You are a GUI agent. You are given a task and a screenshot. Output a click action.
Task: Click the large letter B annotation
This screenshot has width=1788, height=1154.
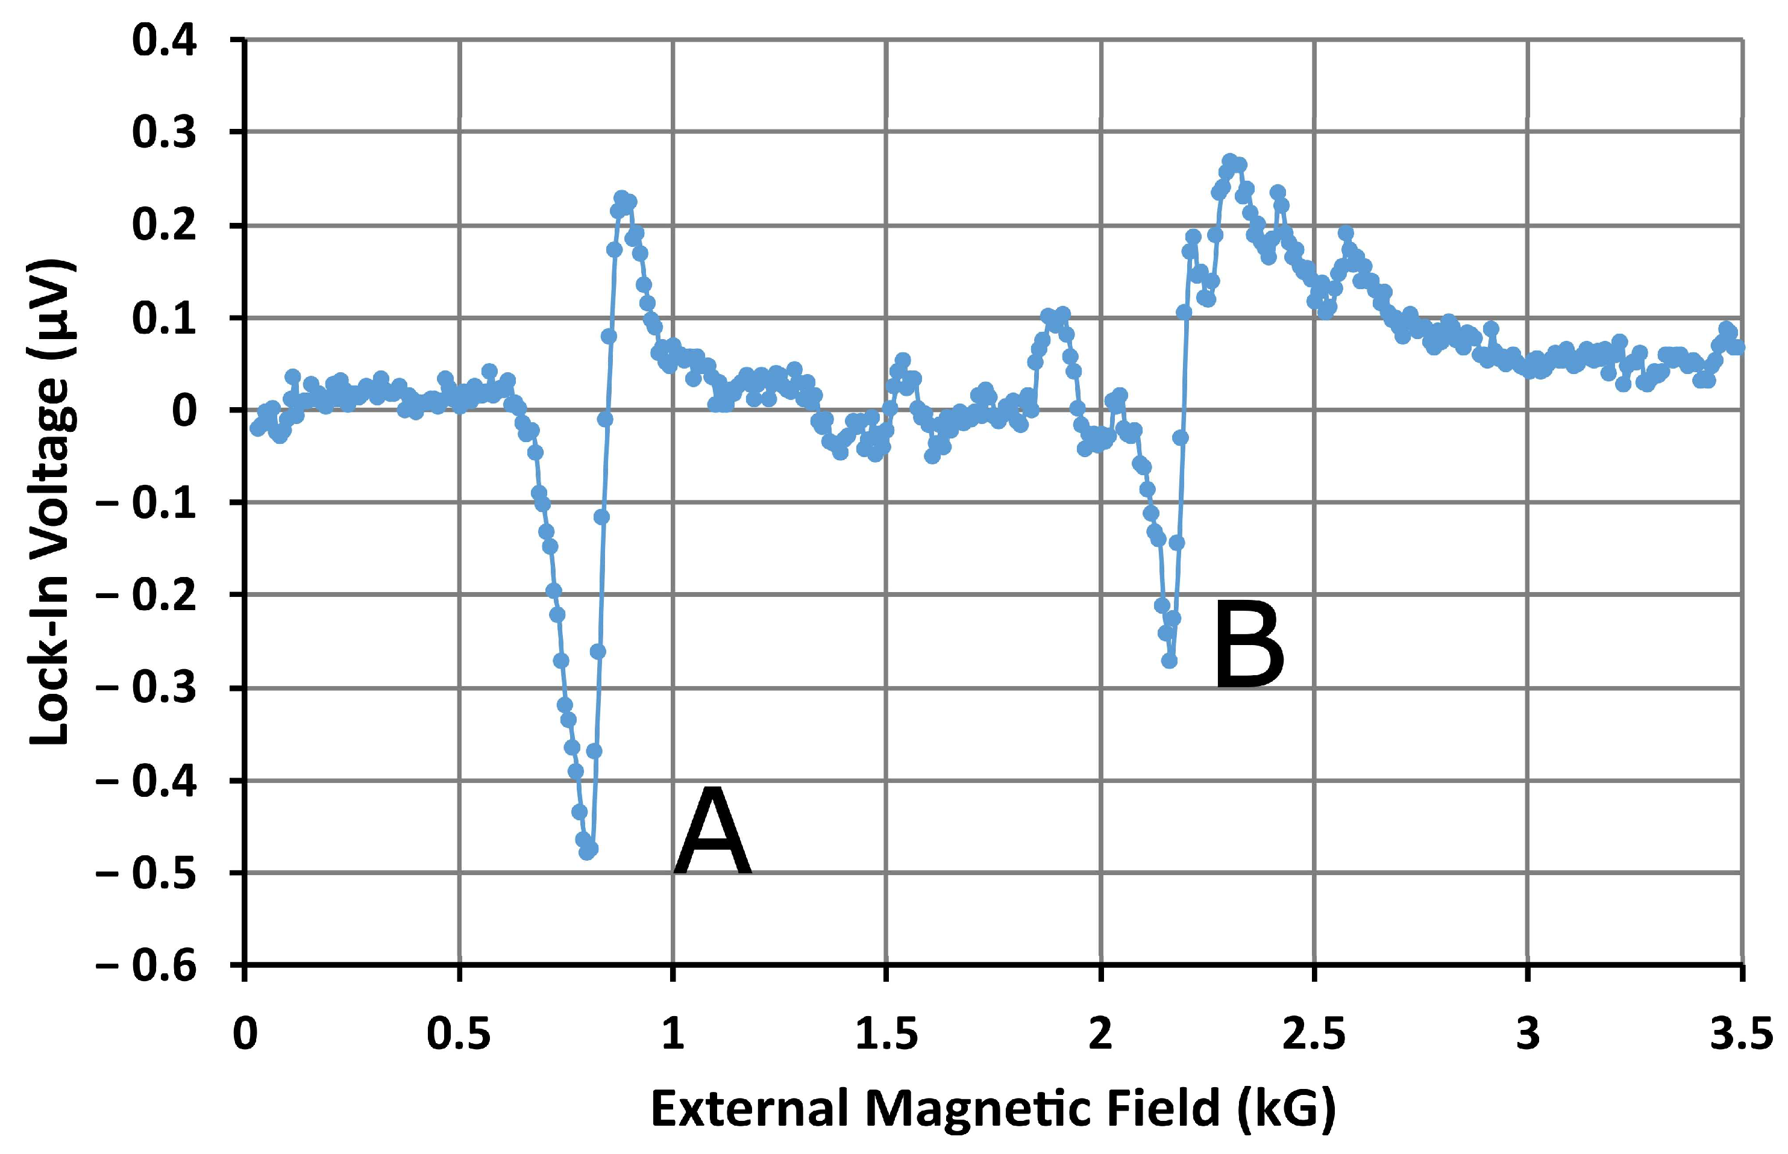1248,646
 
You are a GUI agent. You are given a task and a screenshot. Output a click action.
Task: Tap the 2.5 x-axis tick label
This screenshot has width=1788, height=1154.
1314,1035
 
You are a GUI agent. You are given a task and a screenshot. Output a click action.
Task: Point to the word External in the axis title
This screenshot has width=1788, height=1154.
752,1108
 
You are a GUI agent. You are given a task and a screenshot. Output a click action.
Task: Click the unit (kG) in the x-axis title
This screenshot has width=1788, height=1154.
1287,1108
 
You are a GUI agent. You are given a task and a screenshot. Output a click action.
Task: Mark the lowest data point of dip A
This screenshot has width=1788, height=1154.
587,852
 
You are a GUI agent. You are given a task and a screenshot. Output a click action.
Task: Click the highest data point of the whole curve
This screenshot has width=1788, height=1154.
1229,161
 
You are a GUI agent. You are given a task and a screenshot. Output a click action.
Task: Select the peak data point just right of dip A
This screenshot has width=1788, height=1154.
621,199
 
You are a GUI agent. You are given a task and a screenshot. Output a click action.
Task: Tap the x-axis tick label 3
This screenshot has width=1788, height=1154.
1528,1035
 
